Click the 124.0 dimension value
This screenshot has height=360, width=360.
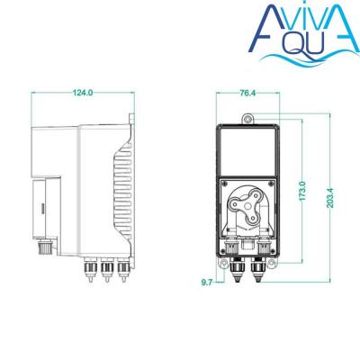(83, 93)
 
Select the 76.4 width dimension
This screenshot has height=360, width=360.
(247, 93)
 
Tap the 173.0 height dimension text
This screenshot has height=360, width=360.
(302, 191)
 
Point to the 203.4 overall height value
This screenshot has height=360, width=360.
(330, 198)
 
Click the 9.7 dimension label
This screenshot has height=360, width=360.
(207, 283)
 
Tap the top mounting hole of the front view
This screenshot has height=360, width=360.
(247, 120)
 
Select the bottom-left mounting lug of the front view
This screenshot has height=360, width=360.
(224, 263)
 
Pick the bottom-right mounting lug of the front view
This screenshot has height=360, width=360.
(271, 263)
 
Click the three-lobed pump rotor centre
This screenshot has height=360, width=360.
(247, 207)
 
